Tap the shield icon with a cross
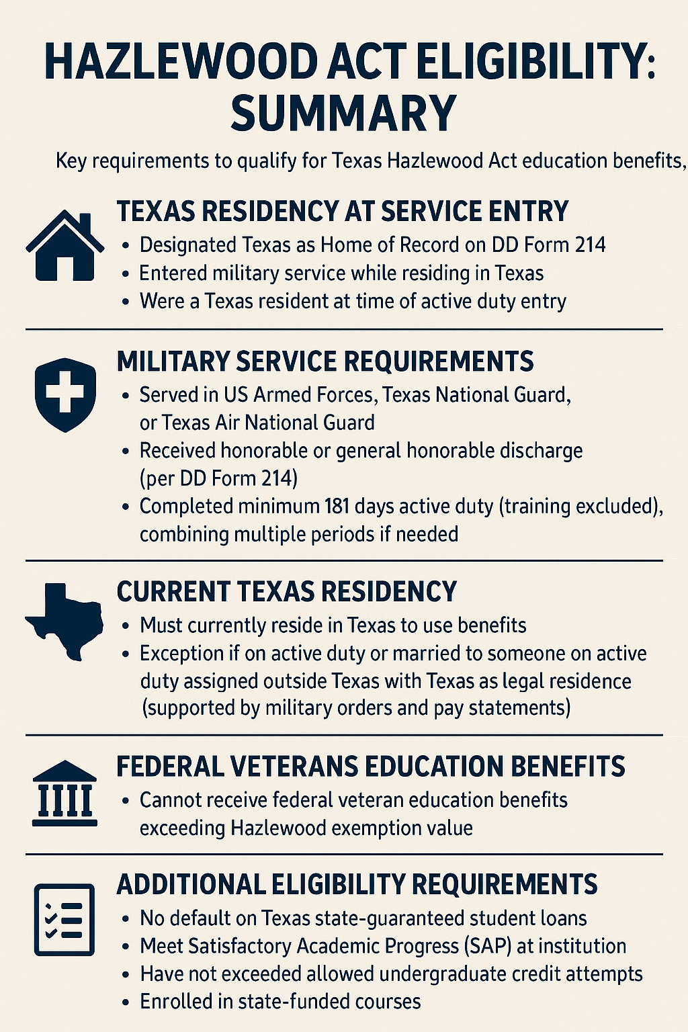pos(65,394)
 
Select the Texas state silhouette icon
pos(65,621)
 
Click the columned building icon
pos(64,793)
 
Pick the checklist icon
pos(64,919)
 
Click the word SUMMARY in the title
pos(343,112)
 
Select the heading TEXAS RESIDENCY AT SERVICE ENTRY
pos(343,211)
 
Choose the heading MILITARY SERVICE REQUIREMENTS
pos(325,361)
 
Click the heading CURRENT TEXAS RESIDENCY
pos(287,592)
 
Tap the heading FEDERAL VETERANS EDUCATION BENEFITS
pos(371,767)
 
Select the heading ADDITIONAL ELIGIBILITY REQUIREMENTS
pos(357,884)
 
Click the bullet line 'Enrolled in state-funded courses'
pos(280,1001)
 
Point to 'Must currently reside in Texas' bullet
pos(333,626)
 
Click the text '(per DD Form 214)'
pos(218,478)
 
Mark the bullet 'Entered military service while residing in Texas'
pos(341,273)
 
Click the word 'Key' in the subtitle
pos(71,161)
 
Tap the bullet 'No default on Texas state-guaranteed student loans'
pos(363,918)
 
